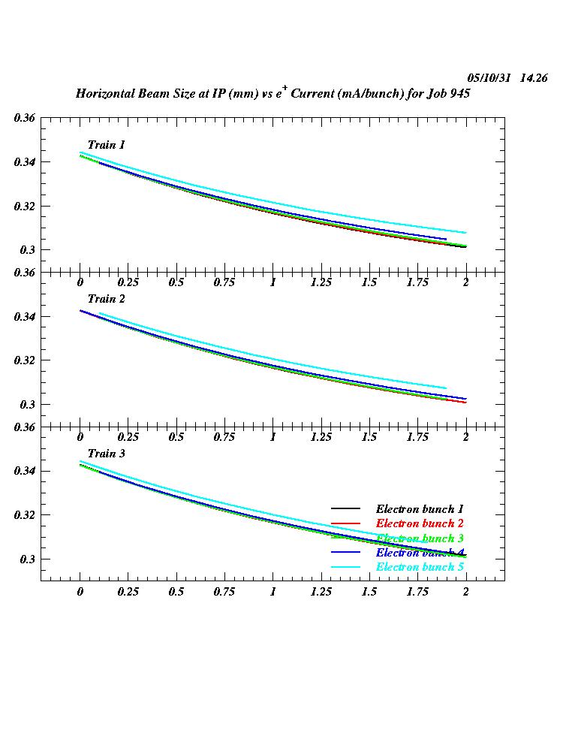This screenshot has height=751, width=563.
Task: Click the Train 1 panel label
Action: pyautogui.click(x=106, y=145)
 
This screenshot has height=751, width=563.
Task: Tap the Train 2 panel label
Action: pyautogui.click(x=106, y=300)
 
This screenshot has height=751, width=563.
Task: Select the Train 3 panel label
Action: pyautogui.click(x=106, y=454)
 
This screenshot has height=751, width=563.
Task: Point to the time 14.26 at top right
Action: pyautogui.click(x=534, y=78)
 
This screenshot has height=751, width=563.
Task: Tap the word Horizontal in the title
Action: pyautogui.click(x=105, y=95)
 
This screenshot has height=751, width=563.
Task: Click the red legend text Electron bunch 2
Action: pyautogui.click(x=420, y=523)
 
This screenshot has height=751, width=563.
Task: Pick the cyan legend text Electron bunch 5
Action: pyautogui.click(x=420, y=567)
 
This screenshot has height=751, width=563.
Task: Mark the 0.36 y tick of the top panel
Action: pyautogui.click(x=24, y=118)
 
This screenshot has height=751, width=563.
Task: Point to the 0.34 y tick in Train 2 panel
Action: pyautogui.click(x=24, y=317)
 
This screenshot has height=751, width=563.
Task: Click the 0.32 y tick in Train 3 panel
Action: pyautogui.click(x=24, y=515)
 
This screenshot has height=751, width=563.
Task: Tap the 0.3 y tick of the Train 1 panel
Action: pyautogui.click(x=27, y=250)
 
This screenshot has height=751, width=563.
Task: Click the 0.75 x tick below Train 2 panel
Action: pyautogui.click(x=224, y=437)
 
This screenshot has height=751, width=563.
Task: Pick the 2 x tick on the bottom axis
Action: pyautogui.click(x=465, y=592)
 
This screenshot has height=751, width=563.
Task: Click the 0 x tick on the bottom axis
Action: pyautogui.click(x=80, y=592)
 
